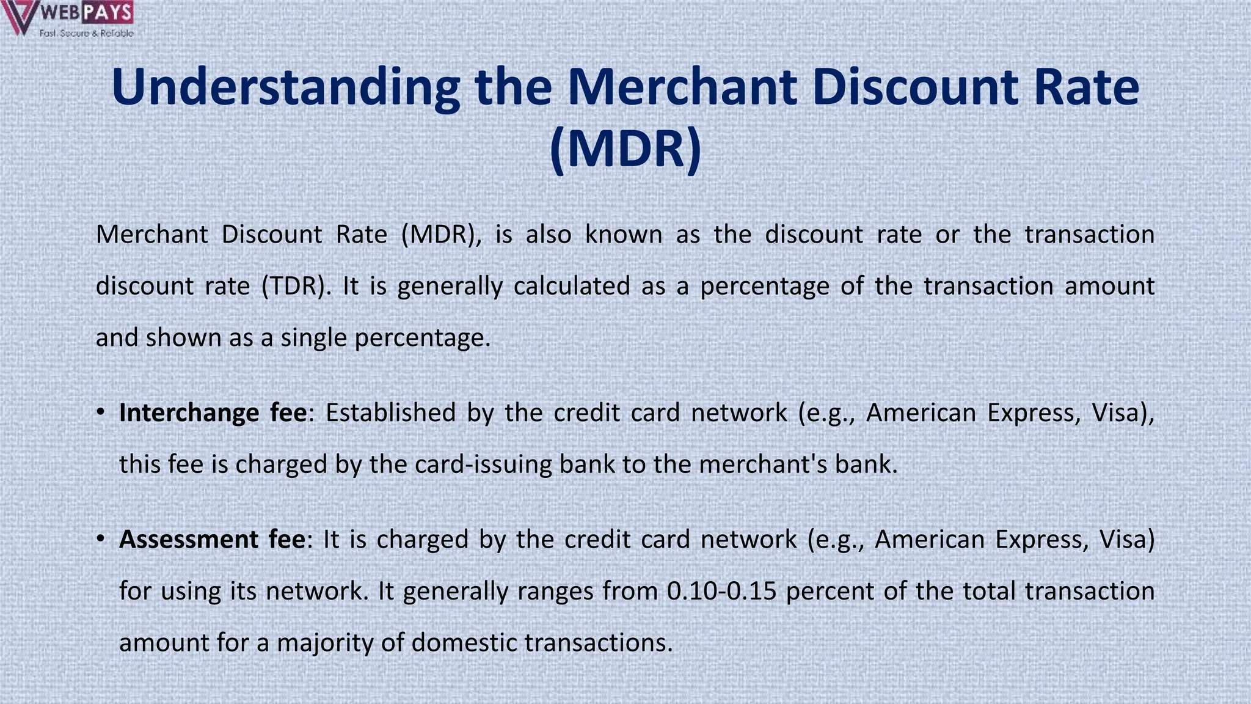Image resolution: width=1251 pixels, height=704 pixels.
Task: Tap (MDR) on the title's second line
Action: pos(625,149)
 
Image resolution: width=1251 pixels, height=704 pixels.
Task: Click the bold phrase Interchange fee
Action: pos(213,413)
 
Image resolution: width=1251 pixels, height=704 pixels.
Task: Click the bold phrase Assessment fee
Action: pos(212,540)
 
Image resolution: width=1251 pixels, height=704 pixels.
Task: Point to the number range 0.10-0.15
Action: pos(721,591)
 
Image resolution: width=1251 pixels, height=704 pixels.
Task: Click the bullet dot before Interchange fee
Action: pos(101,413)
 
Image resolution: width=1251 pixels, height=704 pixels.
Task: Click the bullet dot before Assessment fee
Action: pos(101,540)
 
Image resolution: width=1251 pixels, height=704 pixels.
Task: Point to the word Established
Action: pos(390,413)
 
